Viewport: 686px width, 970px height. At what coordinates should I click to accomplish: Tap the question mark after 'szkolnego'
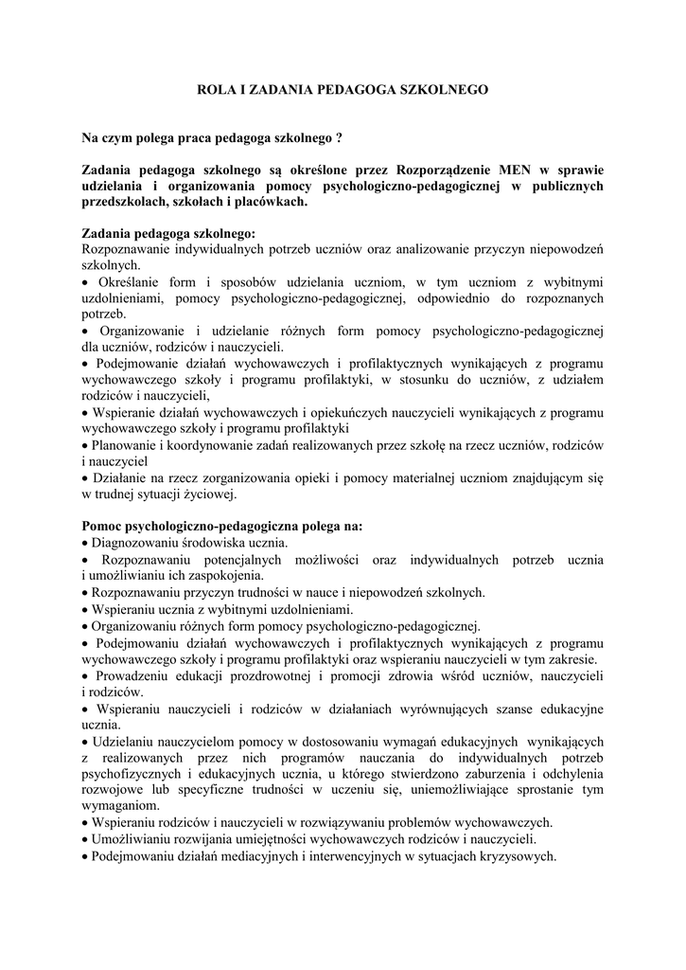tap(339, 138)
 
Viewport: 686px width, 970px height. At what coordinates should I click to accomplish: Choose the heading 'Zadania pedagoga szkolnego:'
tap(168, 234)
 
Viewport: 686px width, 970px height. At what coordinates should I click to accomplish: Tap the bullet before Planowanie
tap(86, 444)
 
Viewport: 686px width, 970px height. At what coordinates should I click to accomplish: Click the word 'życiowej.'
tap(208, 493)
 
